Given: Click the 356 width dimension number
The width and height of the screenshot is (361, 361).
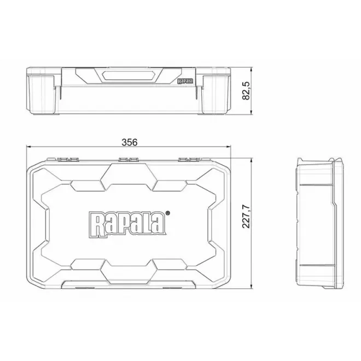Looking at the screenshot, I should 129,142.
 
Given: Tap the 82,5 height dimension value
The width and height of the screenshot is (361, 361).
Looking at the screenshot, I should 247,90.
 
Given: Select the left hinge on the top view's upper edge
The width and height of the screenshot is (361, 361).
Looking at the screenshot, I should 67,160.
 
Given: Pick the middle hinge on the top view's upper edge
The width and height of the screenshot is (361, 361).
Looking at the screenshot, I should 128,160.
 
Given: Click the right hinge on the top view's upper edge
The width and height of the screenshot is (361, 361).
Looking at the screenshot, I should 189,160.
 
